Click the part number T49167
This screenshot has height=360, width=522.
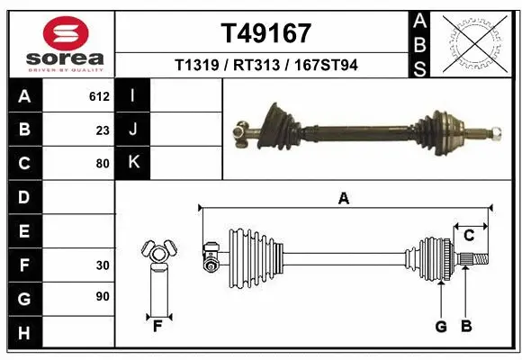(x=266, y=33)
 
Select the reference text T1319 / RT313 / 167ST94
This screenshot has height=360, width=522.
(x=266, y=65)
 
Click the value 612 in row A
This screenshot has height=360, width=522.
(x=99, y=94)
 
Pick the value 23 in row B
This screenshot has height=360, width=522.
(x=103, y=129)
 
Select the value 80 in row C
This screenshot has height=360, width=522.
(x=103, y=164)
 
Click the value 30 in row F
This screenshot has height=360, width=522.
(x=103, y=266)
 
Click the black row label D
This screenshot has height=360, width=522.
(x=23, y=197)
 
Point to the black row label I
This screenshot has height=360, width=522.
(x=133, y=94)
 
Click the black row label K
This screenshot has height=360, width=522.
(x=133, y=164)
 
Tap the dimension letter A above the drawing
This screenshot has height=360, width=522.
(x=343, y=199)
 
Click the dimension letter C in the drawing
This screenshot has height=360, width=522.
(x=469, y=236)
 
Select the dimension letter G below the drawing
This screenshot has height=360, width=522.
(x=441, y=327)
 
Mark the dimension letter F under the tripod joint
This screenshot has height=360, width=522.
(x=157, y=325)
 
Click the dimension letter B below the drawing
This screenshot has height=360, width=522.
(x=466, y=327)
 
